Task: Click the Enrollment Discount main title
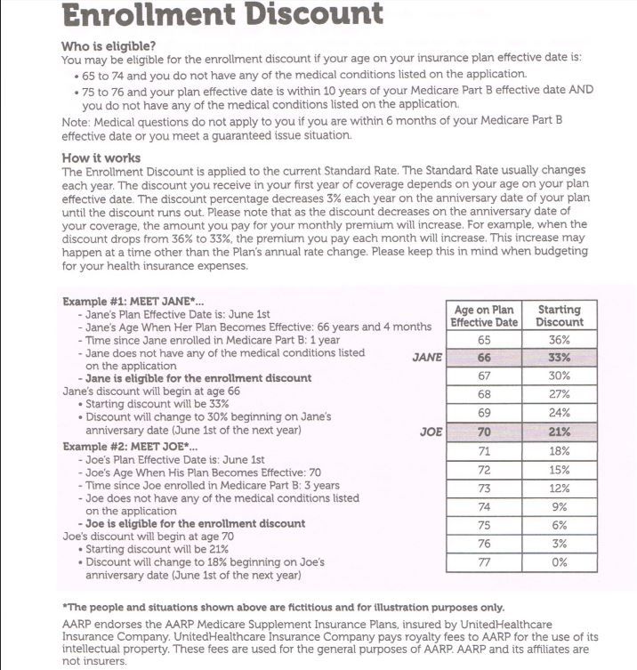pos(223,15)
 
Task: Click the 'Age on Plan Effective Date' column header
pos(484,316)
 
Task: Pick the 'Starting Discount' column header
pos(560,316)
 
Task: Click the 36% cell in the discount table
pos(560,340)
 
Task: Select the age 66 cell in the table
pos(484,358)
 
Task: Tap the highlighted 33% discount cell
pos(560,358)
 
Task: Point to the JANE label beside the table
pos(428,357)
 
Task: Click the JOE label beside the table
pos(431,432)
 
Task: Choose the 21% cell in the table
pos(560,432)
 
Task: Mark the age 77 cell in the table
pos(484,562)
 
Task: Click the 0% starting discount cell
pos(560,562)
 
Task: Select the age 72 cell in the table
pos(484,470)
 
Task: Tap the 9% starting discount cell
pos(560,507)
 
